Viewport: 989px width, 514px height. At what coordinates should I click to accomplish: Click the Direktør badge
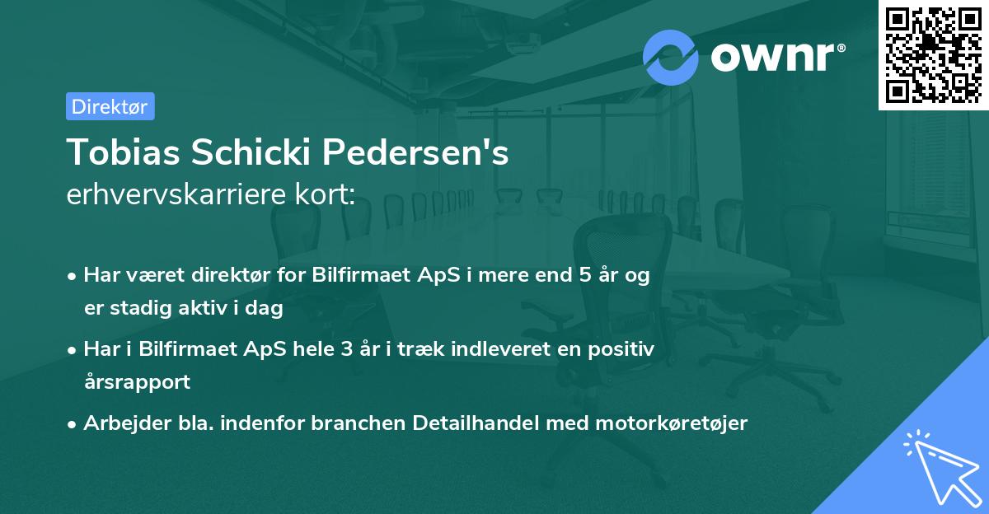[110, 106]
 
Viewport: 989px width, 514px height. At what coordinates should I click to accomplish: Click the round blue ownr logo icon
[671, 57]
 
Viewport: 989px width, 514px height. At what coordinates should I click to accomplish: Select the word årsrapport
[137, 382]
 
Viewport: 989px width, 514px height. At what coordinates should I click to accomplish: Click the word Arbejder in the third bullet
[120, 423]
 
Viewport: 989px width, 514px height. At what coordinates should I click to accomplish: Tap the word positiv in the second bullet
[625, 349]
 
